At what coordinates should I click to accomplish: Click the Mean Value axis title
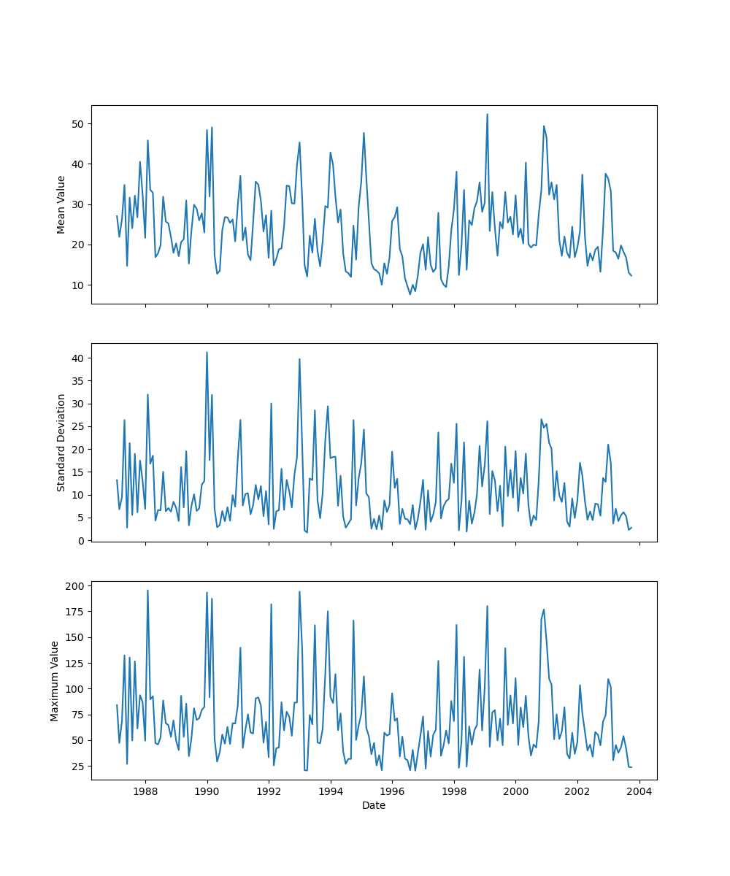pos(61,204)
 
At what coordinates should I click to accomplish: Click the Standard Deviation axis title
pos(61,442)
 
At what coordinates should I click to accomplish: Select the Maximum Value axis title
pos(55,680)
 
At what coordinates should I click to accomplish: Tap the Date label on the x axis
pos(374,805)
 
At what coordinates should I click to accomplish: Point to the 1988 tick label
pos(145,791)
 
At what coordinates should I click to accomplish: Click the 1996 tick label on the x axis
pos(392,791)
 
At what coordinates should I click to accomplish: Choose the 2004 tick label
pos(639,791)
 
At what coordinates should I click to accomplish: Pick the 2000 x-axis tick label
pos(516,791)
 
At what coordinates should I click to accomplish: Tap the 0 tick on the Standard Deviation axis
pos(82,541)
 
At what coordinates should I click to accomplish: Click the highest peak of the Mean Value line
pos(487,114)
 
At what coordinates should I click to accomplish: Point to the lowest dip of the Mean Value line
pos(410,293)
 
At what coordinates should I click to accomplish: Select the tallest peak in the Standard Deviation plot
pos(207,352)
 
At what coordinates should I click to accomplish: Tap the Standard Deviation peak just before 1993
pos(299,359)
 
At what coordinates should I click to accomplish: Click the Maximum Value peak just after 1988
pos(147,591)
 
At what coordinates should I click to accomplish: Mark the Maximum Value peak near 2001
pos(544,610)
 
